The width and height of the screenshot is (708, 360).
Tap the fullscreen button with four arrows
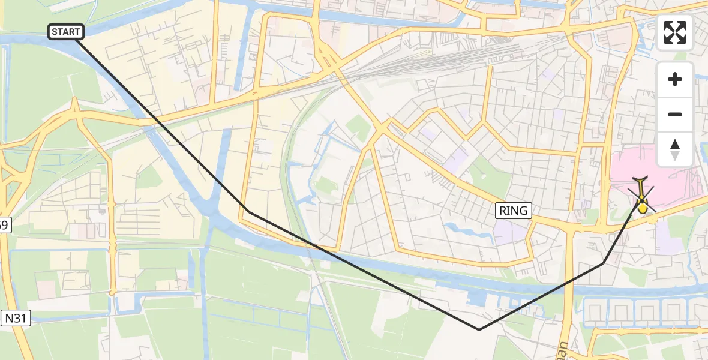(x=675, y=32)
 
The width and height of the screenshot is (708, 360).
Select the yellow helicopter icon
(x=641, y=196)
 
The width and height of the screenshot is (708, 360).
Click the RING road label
(x=514, y=210)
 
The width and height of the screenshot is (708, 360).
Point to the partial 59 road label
(x=4, y=226)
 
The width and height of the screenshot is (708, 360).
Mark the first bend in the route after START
(x=248, y=211)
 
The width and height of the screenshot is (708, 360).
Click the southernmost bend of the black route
(x=479, y=329)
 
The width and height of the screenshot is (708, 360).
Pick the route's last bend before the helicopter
(x=603, y=263)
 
